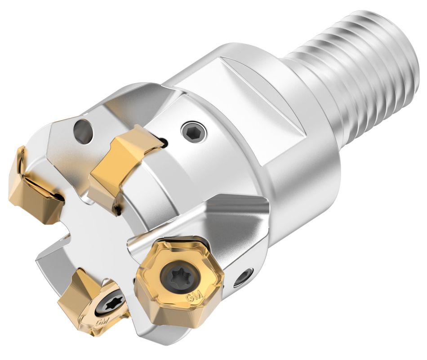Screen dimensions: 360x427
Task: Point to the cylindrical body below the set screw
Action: coord(216,171)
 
